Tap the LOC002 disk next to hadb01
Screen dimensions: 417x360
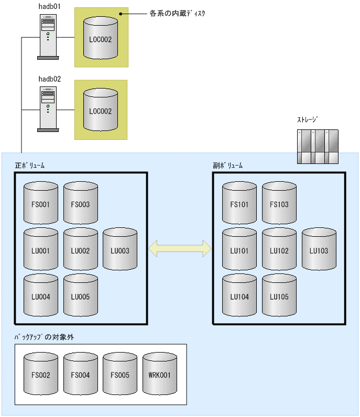[x=101, y=38]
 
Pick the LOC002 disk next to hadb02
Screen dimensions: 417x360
[x=101, y=110]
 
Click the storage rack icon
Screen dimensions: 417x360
[x=318, y=147]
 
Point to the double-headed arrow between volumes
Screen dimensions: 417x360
[x=180, y=249]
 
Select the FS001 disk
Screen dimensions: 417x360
[x=40, y=204]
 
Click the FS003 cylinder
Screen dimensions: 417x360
[x=80, y=204]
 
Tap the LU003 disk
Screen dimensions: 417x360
[x=120, y=250]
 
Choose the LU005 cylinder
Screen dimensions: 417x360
[x=80, y=296]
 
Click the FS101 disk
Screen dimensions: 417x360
[x=239, y=204]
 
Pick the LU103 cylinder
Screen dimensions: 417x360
[x=319, y=250]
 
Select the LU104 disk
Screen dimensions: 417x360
[x=239, y=296]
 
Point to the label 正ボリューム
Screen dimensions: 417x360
[x=30, y=166]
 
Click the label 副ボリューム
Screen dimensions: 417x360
[x=228, y=166]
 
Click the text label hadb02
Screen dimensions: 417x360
[x=50, y=79]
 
